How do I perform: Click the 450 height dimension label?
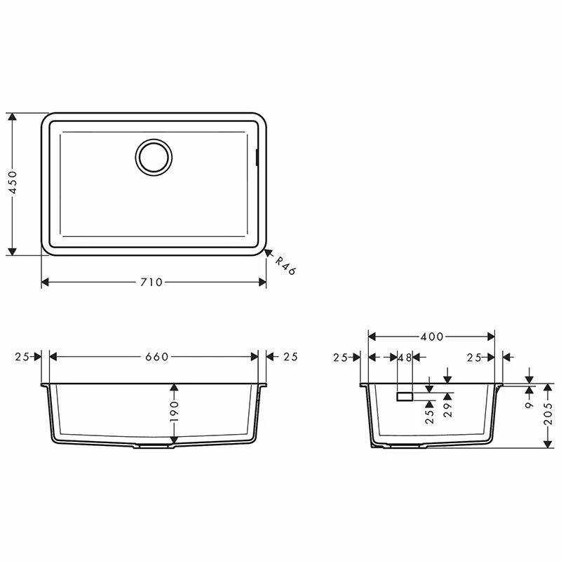(x=13, y=182)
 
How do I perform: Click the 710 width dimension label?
(x=151, y=283)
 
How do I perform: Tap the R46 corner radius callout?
(x=285, y=266)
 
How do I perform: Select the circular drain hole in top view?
(x=154, y=157)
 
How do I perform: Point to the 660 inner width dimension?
(x=156, y=357)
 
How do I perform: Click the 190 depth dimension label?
(x=174, y=411)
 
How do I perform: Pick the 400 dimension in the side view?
(x=432, y=337)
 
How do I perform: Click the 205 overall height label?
(x=548, y=414)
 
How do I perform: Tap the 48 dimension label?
(x=405, y=358)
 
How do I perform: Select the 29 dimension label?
(x=447, y=410)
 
